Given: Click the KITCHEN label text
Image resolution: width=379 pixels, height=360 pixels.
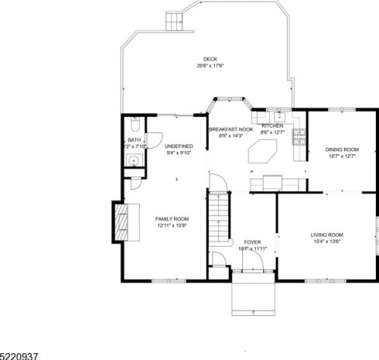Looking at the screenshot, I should click(273, 126).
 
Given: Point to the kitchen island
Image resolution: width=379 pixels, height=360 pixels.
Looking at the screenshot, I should click(262, 156).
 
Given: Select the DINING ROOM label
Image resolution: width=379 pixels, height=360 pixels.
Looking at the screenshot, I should click(341, 150).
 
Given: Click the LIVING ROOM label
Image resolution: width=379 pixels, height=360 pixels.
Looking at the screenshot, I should click(327, 235).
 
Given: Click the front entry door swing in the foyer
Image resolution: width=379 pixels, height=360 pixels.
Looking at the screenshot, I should click(253, 262).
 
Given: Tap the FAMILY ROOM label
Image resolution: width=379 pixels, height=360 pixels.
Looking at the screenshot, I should click(172, 219).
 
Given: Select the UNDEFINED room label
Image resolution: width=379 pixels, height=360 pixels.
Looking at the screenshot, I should click(178, 146).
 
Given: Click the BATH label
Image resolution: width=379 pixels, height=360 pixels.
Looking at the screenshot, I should click(134, 141).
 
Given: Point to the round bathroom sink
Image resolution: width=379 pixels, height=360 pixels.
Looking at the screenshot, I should click(132, 161).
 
